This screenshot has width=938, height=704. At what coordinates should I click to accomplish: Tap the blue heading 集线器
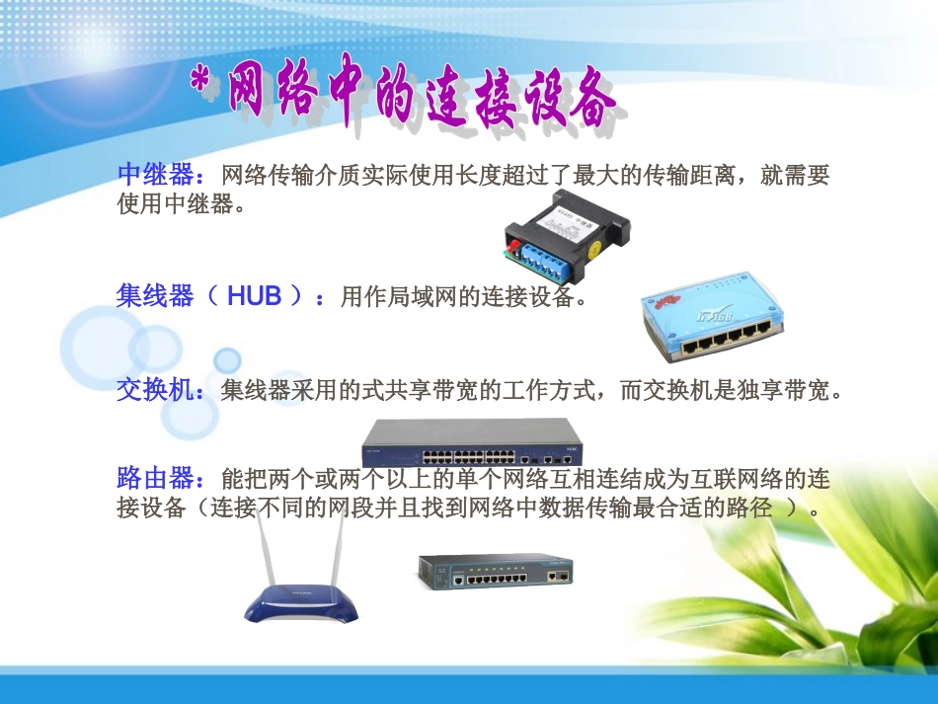tap(155, 295)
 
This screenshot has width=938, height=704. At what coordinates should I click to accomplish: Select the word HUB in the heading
tap(254, 295)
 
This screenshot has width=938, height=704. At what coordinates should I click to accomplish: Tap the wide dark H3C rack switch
tap(472, 443)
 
